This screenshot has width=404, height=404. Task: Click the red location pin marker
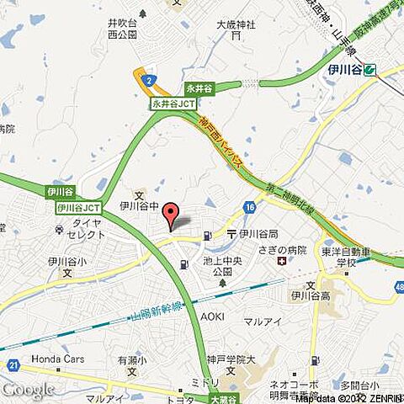coord(170,216)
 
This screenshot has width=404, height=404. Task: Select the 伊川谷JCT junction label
coord(79,207)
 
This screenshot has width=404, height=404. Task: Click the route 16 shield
coord(250,207)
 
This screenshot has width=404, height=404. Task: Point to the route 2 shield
coord(149,81)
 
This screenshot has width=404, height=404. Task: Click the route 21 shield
coord(13,364)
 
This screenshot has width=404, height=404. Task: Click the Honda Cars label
coord(58,358)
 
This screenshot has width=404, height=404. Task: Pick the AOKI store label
coord(212,316)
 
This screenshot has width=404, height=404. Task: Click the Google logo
coord(27,389)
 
